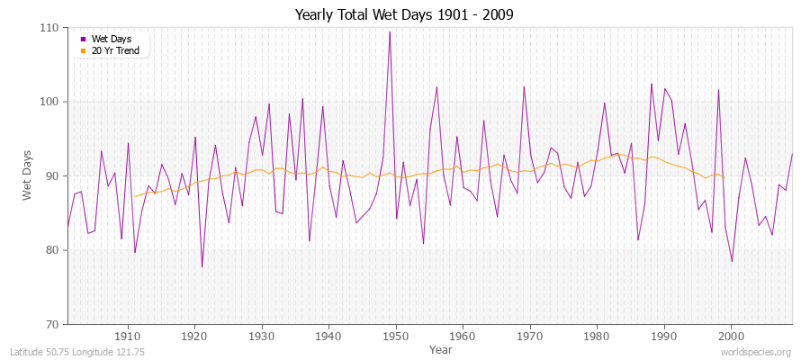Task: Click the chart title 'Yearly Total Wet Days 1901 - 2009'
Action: point(405,15)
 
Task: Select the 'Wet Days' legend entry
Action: point(110,39)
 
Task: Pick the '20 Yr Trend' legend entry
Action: point(113,50)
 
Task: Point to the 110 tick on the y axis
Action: point(49,28)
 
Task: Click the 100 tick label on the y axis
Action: point(49,102)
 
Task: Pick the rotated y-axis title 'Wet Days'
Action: point(27,175)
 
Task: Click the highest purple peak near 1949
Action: point(390,31)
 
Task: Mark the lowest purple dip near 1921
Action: point(202,266)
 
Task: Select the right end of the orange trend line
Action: point(724,177)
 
